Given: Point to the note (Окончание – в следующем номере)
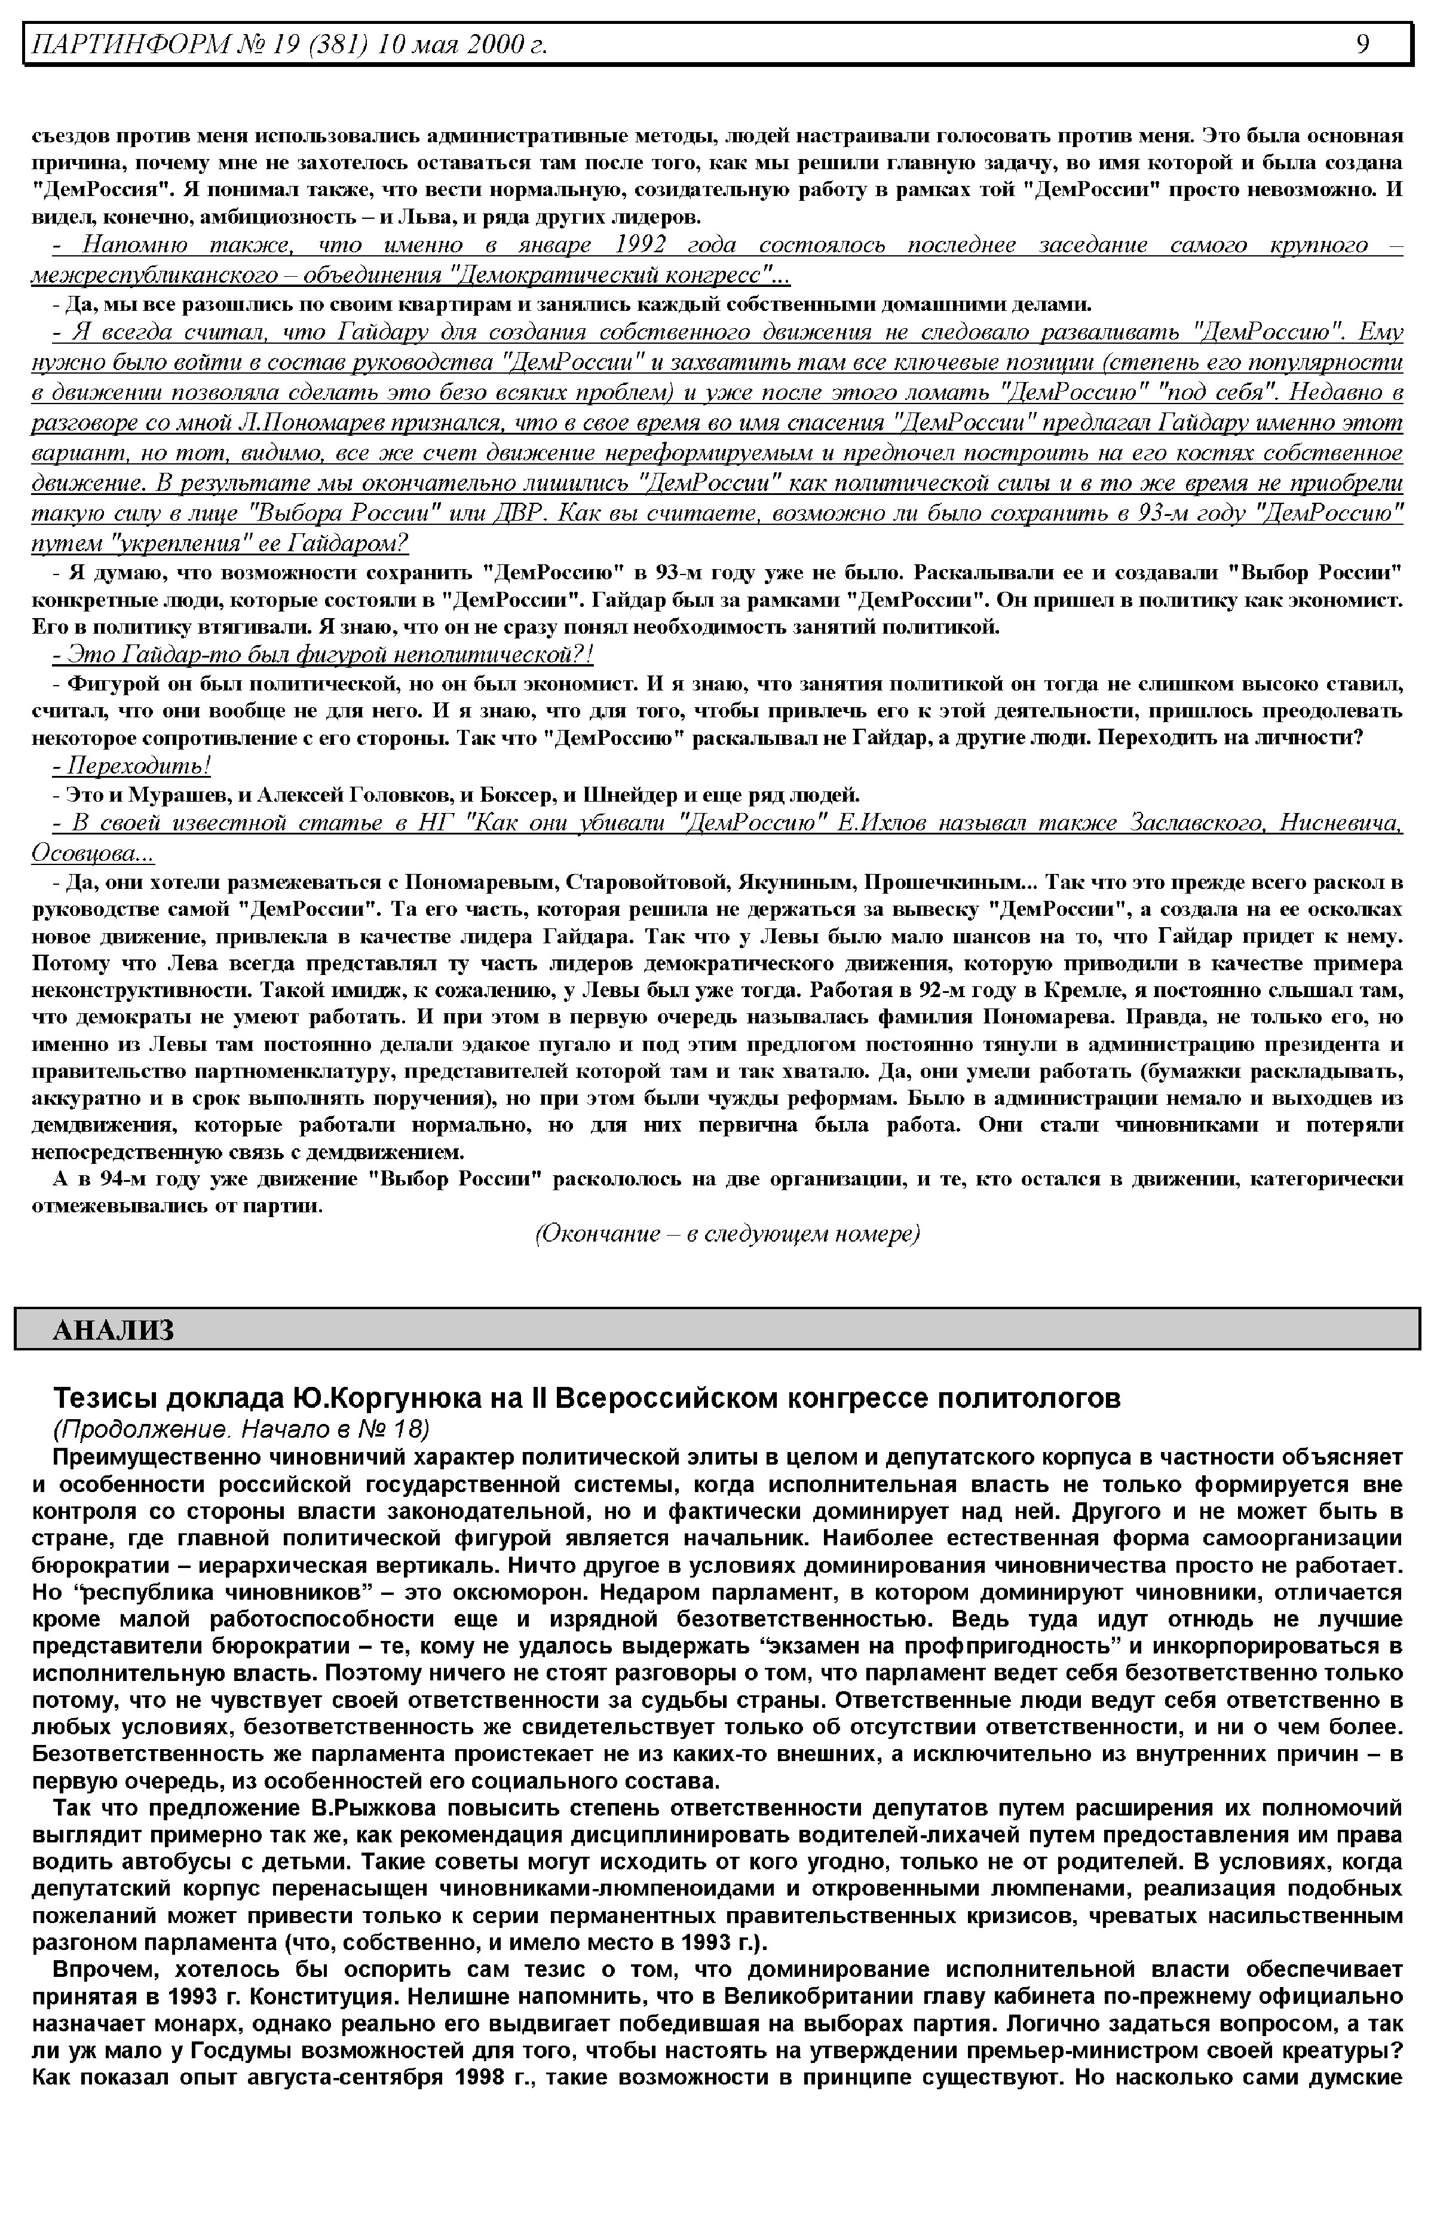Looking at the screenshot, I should click(x=727, y=1234).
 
